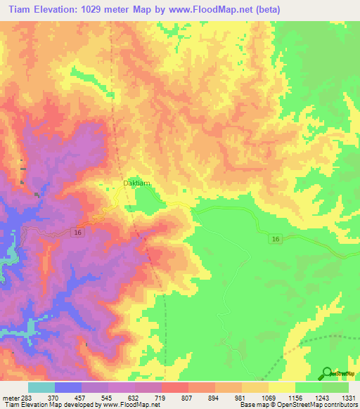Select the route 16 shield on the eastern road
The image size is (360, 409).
pos(276,240)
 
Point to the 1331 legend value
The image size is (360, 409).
pos(349,398)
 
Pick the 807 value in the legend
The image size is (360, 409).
pos(188,398)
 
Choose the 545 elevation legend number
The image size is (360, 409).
pos(108,398)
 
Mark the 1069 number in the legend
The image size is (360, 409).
pos(269,398)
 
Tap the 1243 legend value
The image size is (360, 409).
pos(321,398)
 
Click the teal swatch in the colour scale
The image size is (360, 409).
pos(41,387)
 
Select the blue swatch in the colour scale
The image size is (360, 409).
pos(68,387)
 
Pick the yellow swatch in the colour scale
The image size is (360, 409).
pos(282,387)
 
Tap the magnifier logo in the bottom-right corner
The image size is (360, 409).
pos(327,373)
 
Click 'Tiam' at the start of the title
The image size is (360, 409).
pos(18,10)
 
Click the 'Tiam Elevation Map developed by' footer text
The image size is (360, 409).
pos(42,405)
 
